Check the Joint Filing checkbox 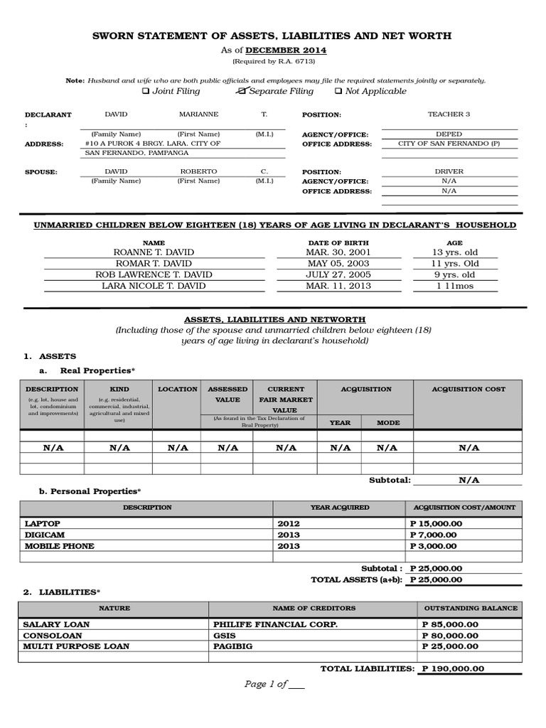pyautogui.click(x=146, y=92)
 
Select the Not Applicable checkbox pyautogui.click(x=338, y=92)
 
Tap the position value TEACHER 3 pyautogui.click(x=449, y=114)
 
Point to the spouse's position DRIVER pyautogui.click(x=449, y=172)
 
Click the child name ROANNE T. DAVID pyautogui.click(x=154, y=252)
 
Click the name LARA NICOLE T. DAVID pyautogui.click(x=154, y=286)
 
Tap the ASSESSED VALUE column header pyautogui.click(x=227, y=395)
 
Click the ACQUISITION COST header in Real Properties pyautogui.click(x=469, y=390)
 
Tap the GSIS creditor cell pyautogui.click(x=225, y=636)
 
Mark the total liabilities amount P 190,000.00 pyautogui.click(x=453, y=669)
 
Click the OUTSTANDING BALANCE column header pyautogui.click(x=471, y=609)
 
